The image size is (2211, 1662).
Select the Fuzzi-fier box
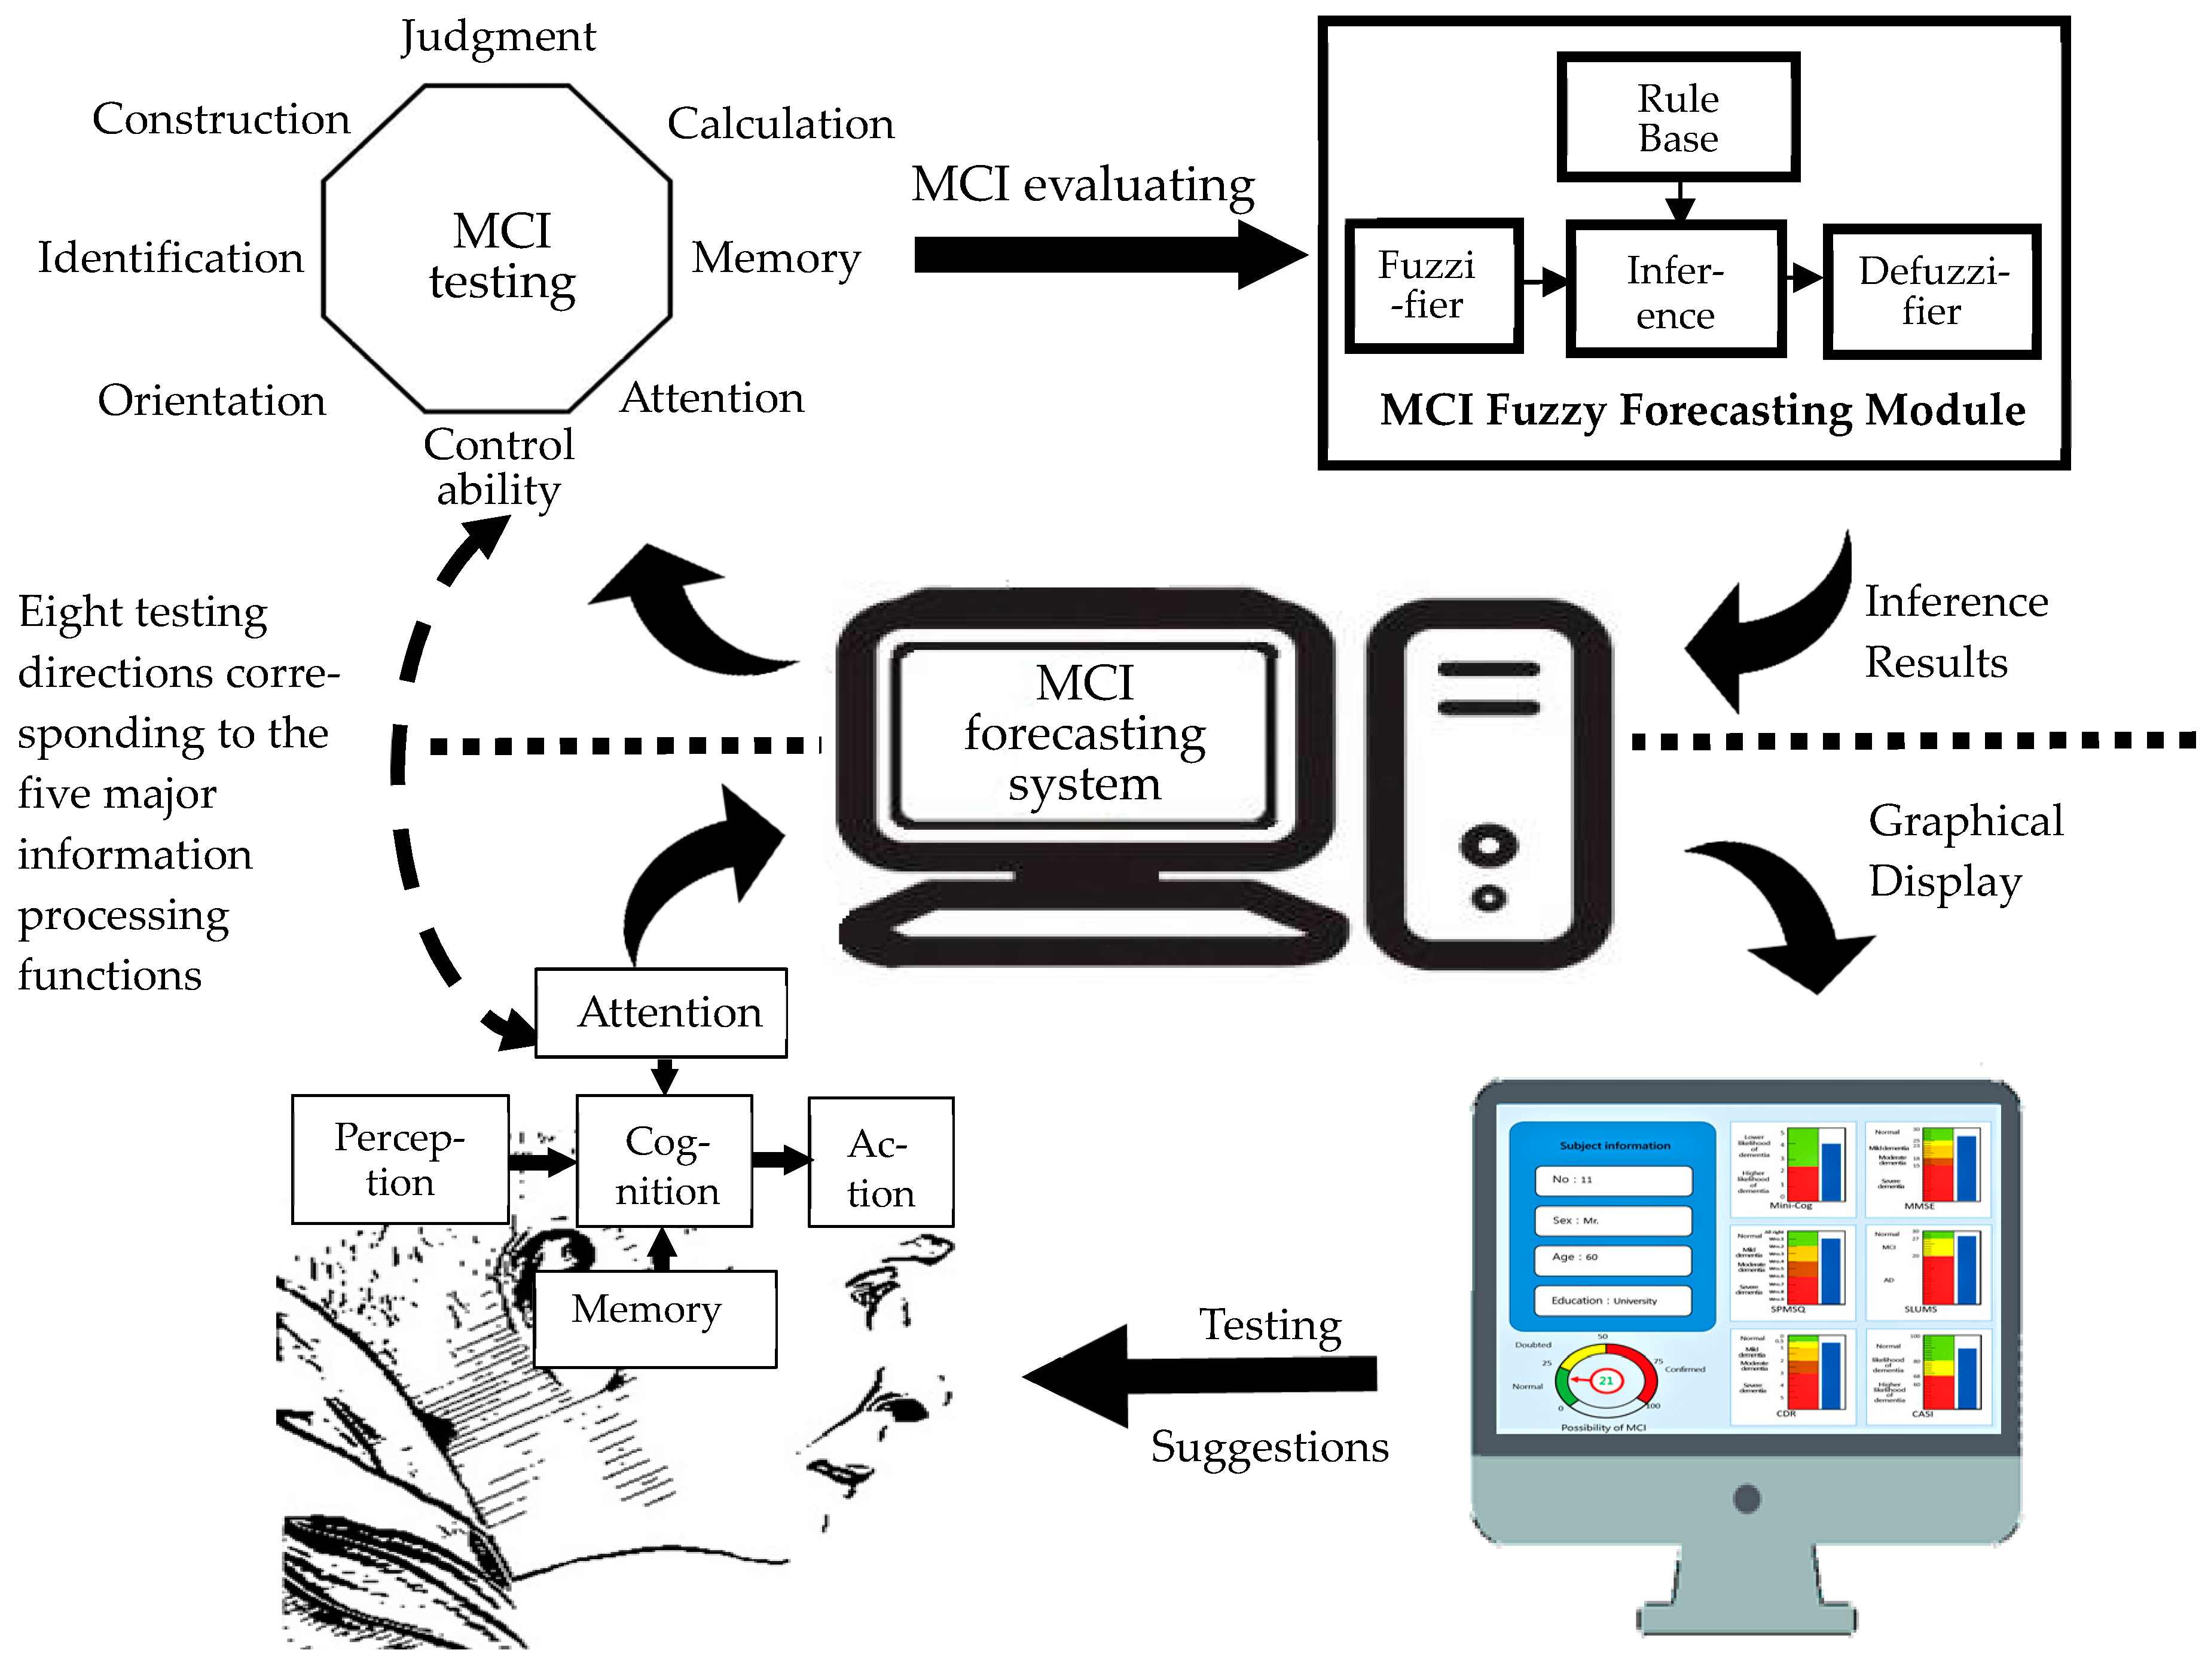click(x=1433, y=286)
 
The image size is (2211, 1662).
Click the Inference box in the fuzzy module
click(x=1675, y=291)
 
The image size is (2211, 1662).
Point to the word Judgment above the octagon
click(x=498, y=37)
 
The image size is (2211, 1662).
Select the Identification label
click(x=171, y=258)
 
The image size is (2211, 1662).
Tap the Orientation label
click(x=212, y=401)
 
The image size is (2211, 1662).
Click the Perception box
click(x=400, y=1159)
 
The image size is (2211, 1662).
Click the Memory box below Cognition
click(x=655, y=1317)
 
